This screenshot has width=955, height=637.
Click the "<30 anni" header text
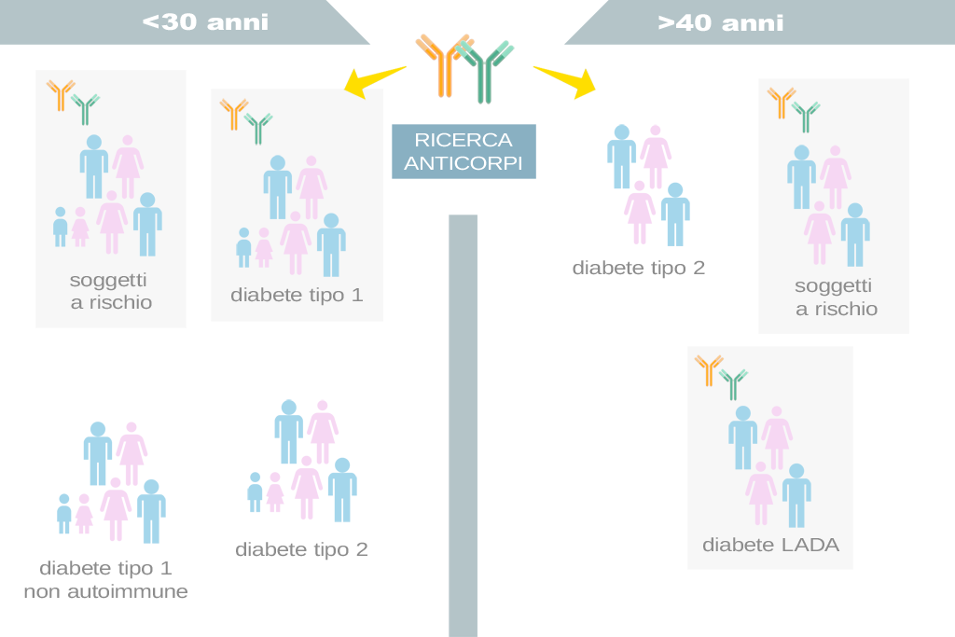205,22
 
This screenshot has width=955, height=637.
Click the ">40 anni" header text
721,22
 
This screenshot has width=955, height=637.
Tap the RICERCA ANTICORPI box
464,152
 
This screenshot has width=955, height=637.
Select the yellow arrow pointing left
374,81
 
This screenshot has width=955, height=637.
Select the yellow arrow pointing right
565,81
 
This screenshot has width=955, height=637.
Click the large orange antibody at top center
444,65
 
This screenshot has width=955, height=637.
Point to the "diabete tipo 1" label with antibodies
297,295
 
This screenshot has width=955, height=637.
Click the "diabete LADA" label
770,545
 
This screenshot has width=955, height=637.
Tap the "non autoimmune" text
106,591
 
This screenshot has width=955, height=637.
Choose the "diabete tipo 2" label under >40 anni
638,268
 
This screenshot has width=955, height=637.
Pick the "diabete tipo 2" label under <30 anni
301,549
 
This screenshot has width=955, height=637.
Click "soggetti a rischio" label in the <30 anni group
110,291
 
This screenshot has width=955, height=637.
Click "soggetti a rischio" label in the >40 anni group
836,298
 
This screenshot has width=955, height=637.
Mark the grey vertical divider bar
463,425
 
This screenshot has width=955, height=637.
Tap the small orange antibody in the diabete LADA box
709,370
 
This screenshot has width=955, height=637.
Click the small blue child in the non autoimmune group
64,514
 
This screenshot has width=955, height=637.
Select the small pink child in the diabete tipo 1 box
264,248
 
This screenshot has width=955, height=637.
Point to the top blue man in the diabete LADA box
743,437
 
